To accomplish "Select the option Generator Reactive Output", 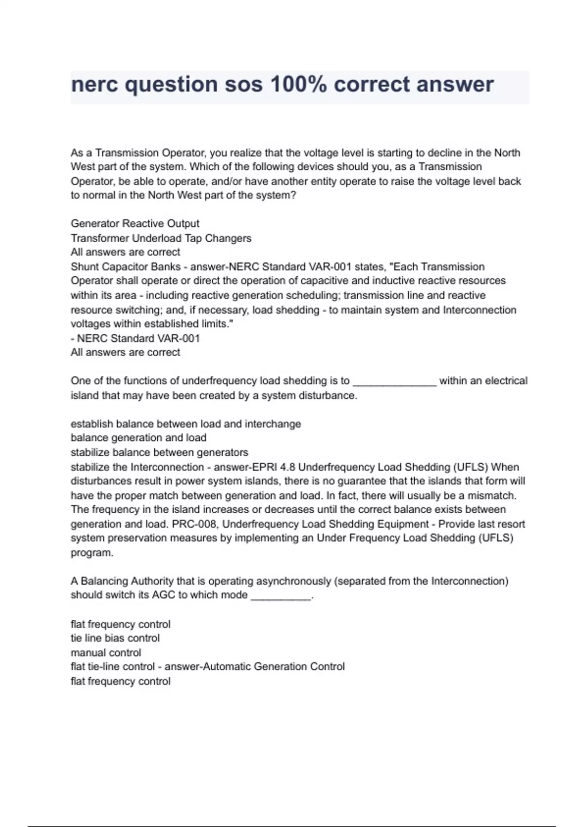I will click(x=135, y=224).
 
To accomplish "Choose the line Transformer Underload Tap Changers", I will click(x=161, y=238).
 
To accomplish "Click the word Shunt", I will click(x=85, y=267).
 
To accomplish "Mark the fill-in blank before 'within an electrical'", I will click(x=394, y=381).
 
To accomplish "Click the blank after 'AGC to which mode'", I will click(x=281, y=595).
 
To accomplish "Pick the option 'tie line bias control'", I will click(x=115, y=638).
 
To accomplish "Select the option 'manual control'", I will click(x=106, y=653).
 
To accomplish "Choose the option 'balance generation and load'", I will click(x=138, y=438).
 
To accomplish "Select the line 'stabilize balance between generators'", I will click(x=159, y=452).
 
